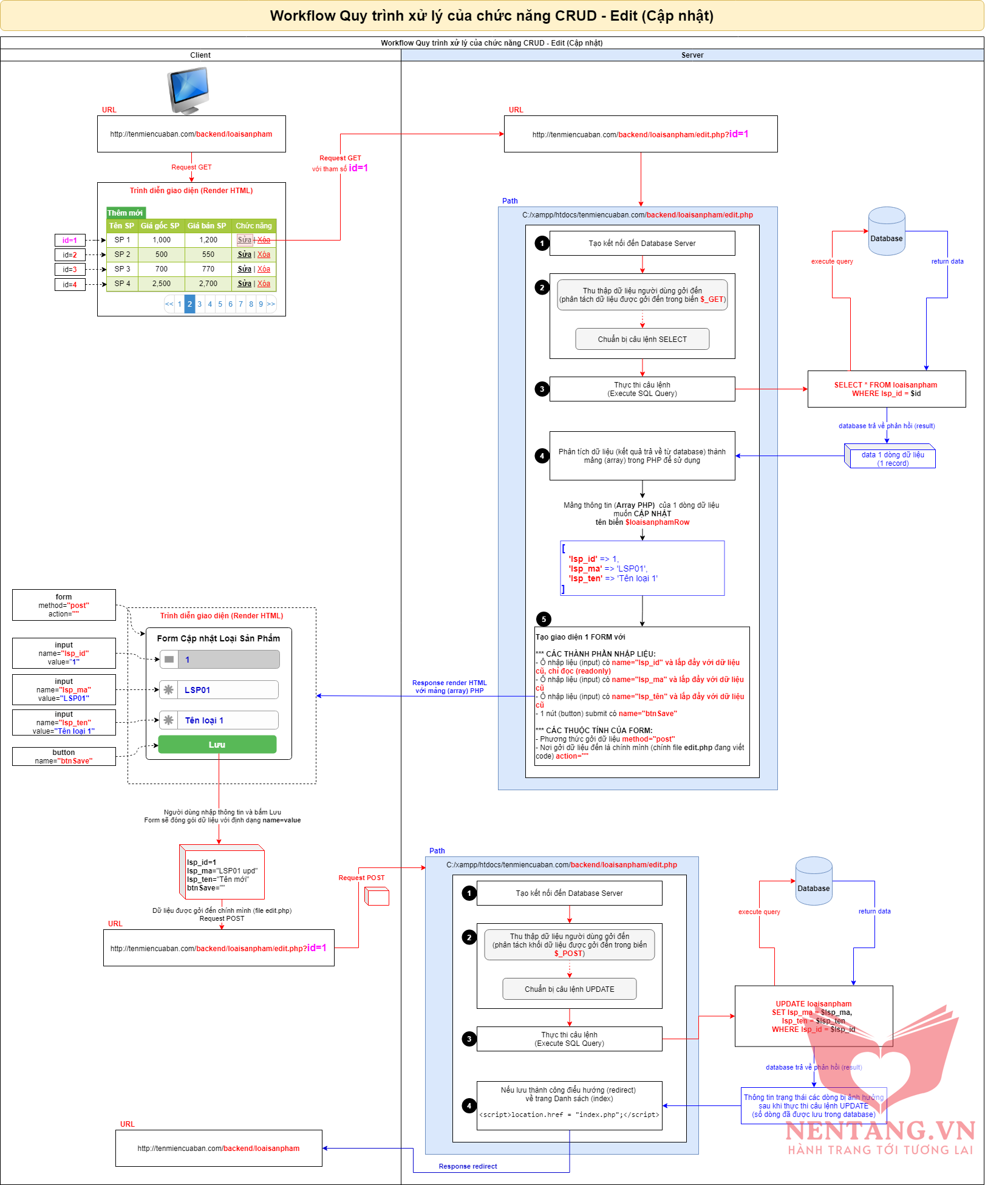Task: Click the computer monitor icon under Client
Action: pyautogui.click(x=189, y=90)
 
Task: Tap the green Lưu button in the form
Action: pyautogui.click(x=217, y=745)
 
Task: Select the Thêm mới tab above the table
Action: pyautogui.click(x=126, y=213)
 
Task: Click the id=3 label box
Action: pyautogui.click(x=70, y=270)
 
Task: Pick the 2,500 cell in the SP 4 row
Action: pyautogui.click(x=162, y=284)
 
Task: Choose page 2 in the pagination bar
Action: pyautogui.click(x=189, y=304)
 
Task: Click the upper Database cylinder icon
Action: pyautogui.click(x=886, y=231)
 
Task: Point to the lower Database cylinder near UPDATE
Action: pyautogui.click(x=813, y=881)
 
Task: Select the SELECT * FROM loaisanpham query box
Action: pyautogui.click(x=886, y=389)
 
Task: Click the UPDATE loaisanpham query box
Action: pyautogui.click(x=813, y=1016)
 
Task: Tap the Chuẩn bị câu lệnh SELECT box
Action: pyautogui.click(x=642, y=340)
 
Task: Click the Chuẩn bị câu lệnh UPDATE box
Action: pyautogui.click(x=569, y=989)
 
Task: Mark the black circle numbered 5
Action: pyautogui.click(x=544, y=619)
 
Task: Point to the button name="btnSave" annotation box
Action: pyautogui.click(x=64, y=757)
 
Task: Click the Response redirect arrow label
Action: pyautogui.click(x=468, y=1166)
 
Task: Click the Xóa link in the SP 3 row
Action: pyautogui.click(x=264, y=269)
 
